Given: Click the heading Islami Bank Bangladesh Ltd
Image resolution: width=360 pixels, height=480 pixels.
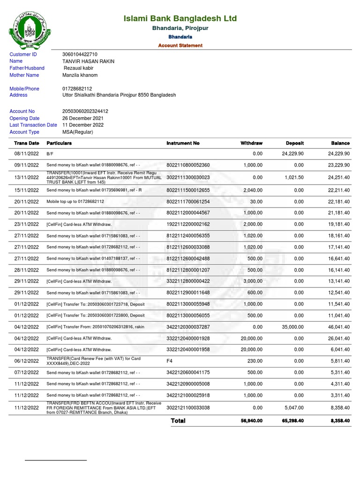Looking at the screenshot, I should [x=180, y=19].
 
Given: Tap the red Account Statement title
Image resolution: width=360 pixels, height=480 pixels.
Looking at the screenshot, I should [x=180, y=45].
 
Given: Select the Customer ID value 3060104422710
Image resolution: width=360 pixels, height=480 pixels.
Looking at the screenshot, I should [x=80, y=54].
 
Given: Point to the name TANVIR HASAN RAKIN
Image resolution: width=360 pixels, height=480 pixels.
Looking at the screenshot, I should [x=88, y=61].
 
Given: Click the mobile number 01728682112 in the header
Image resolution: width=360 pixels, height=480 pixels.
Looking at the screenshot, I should [x=77, y=89].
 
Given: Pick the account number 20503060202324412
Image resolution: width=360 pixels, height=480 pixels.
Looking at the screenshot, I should [x=85, y=111].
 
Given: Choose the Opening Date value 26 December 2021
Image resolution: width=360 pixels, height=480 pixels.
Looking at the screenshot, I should [x=83, y=118].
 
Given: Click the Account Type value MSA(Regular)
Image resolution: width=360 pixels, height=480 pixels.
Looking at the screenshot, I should [x=78, y=132].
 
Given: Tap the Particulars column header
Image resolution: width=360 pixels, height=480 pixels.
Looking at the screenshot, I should [x=59, y=143].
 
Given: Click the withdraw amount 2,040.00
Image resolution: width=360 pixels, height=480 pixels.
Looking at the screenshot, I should [x=251, y=190].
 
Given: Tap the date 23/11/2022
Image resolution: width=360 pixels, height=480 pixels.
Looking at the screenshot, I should [x=26, y=224].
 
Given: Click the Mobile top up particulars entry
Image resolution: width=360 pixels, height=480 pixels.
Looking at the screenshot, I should [x=75, y=202].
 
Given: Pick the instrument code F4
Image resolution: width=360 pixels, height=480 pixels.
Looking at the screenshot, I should [x=170, y=361].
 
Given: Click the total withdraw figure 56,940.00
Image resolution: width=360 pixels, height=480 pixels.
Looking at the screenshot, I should [x=250, y=421].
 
